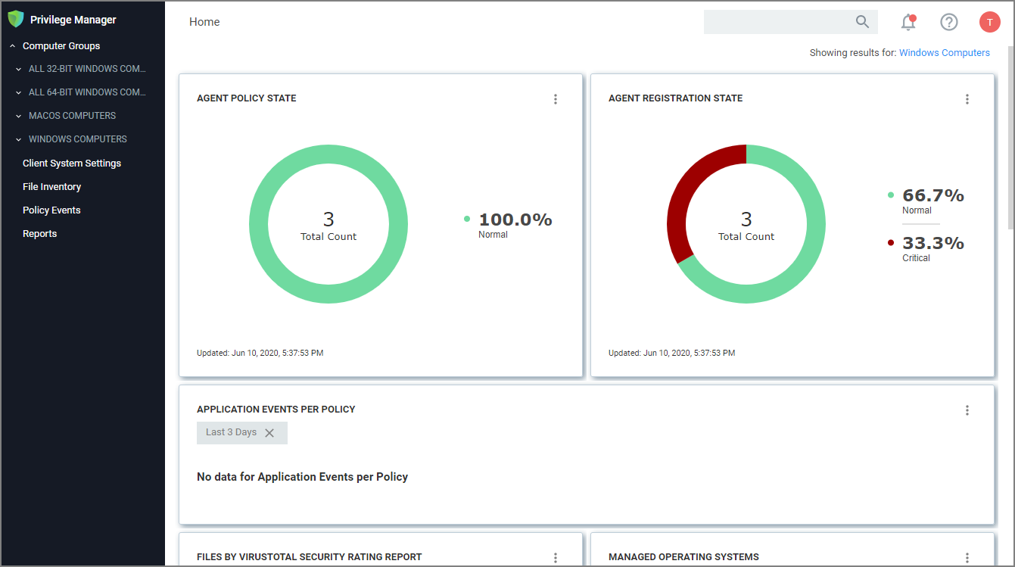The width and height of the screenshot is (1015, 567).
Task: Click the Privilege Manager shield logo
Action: pyautogui.click(x=16, y=19)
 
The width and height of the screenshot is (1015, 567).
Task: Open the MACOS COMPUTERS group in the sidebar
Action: pyautogui.click(x=72, y=116)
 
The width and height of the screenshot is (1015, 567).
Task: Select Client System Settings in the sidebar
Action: pyautogui.click(x=72, y=164)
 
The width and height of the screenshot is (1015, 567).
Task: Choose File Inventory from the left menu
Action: pyautogui.click(x=51, y=187)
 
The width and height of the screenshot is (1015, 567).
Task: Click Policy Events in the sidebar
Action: pyautogui.click(x=51, y=210)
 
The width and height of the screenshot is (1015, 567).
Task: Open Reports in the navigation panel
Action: pyautogui.click(x=39, y=234)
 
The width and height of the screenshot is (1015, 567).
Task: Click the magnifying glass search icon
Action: pyautogui.click(x=862, y=22)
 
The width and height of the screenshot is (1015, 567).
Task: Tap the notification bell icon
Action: pyautogui.click(x=908, y=23)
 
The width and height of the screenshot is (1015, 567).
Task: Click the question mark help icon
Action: pyautogui.click(x=949, y=22)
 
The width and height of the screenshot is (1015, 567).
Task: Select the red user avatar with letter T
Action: pyautogui.click(x=989, y=22)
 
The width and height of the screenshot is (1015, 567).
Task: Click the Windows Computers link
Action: pyautogui.click(x=944, y=53)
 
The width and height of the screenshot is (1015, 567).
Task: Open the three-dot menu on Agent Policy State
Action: pyautogui.click(x=556, y=99)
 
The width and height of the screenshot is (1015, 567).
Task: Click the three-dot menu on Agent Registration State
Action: pyautogui.click(x=967, y=99)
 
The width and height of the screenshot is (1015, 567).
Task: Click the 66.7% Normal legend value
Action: pyautogui.click(x=932, y=196)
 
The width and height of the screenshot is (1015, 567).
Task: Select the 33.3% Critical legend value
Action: pyautogui.click(x=932, y=244)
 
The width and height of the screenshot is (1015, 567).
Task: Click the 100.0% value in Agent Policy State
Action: pyautogui.click(x=515, y=220)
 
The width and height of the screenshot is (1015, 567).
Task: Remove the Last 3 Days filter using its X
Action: pyautogui.click(x=269, y=433)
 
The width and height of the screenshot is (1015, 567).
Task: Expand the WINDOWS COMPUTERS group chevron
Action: pyautogui.click(x=19, y=139)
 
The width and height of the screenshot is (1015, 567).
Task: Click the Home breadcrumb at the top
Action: pyautogui.click(x=204, y=22)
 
